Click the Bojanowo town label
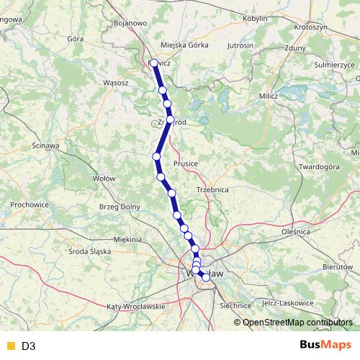(131, 23)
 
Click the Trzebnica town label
(212, 189)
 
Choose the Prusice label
(186, 163)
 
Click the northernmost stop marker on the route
(154, 63)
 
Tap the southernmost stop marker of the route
(206, 277)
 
